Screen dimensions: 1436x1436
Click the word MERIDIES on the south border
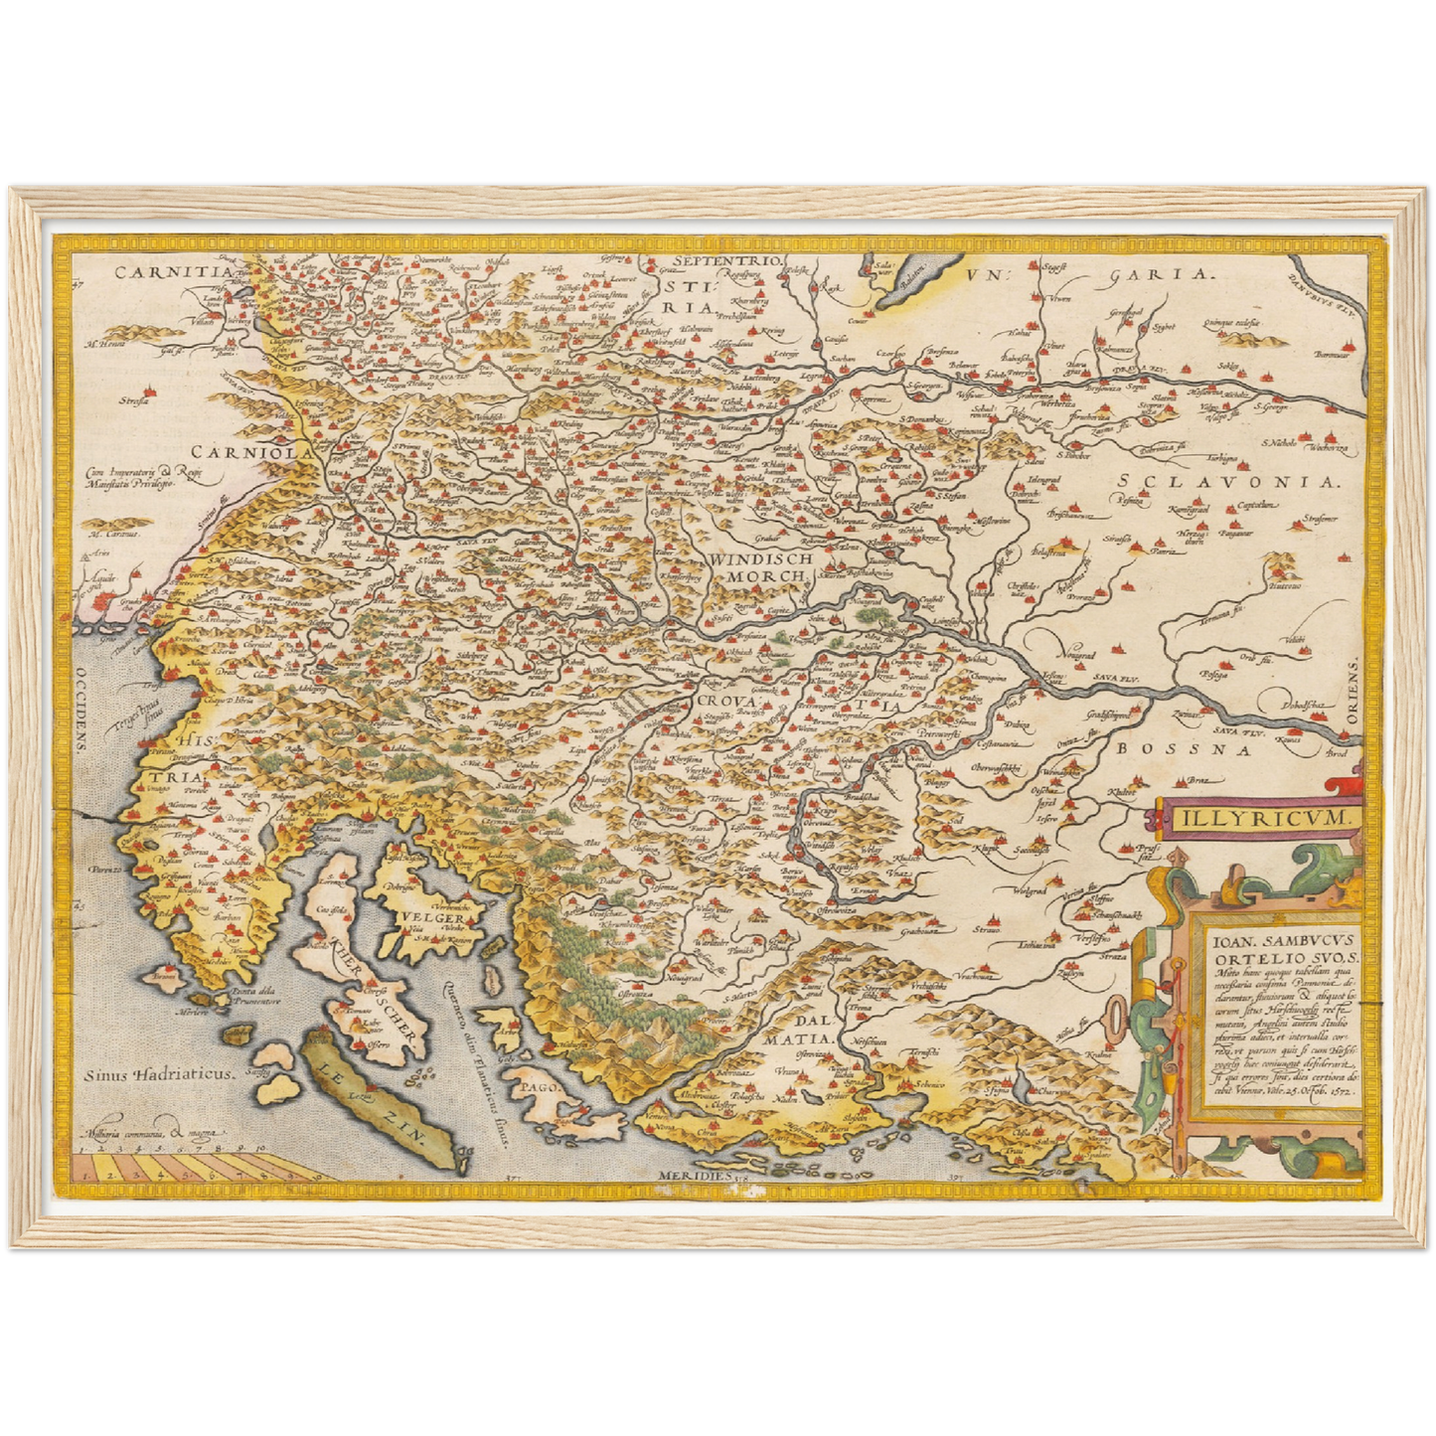pyautogui.click(x=693, y=1175)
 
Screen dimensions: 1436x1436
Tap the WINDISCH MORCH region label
pyautogui.click(x=761, y=566)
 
